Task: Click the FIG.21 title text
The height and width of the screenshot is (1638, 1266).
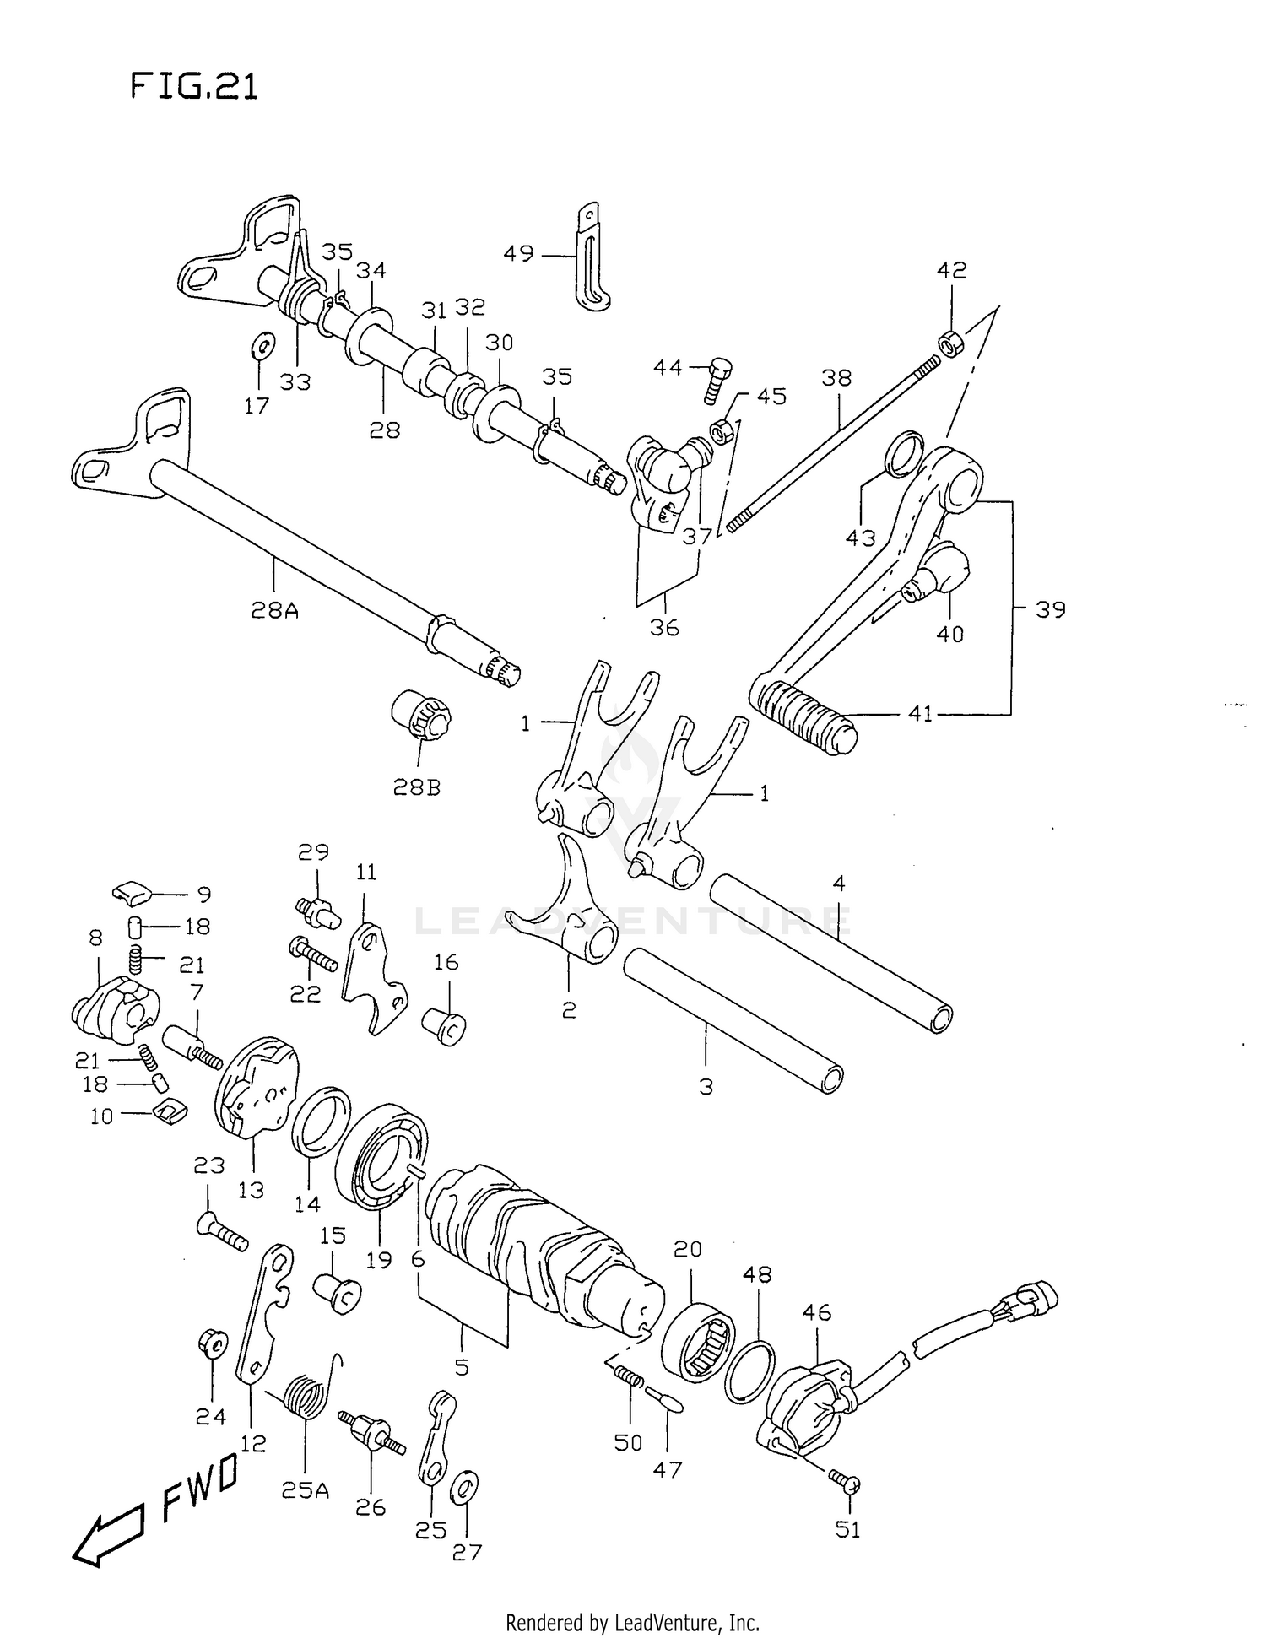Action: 194,86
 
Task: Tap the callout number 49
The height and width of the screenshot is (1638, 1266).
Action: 519,253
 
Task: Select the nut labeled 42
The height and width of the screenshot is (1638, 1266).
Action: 949,345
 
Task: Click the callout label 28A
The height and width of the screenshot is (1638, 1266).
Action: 274,609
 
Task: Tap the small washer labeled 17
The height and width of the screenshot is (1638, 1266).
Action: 263,345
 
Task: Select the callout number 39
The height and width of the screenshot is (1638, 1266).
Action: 1050,609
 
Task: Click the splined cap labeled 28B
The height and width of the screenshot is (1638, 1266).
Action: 423,716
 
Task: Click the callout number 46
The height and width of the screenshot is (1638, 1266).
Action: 817,1312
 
